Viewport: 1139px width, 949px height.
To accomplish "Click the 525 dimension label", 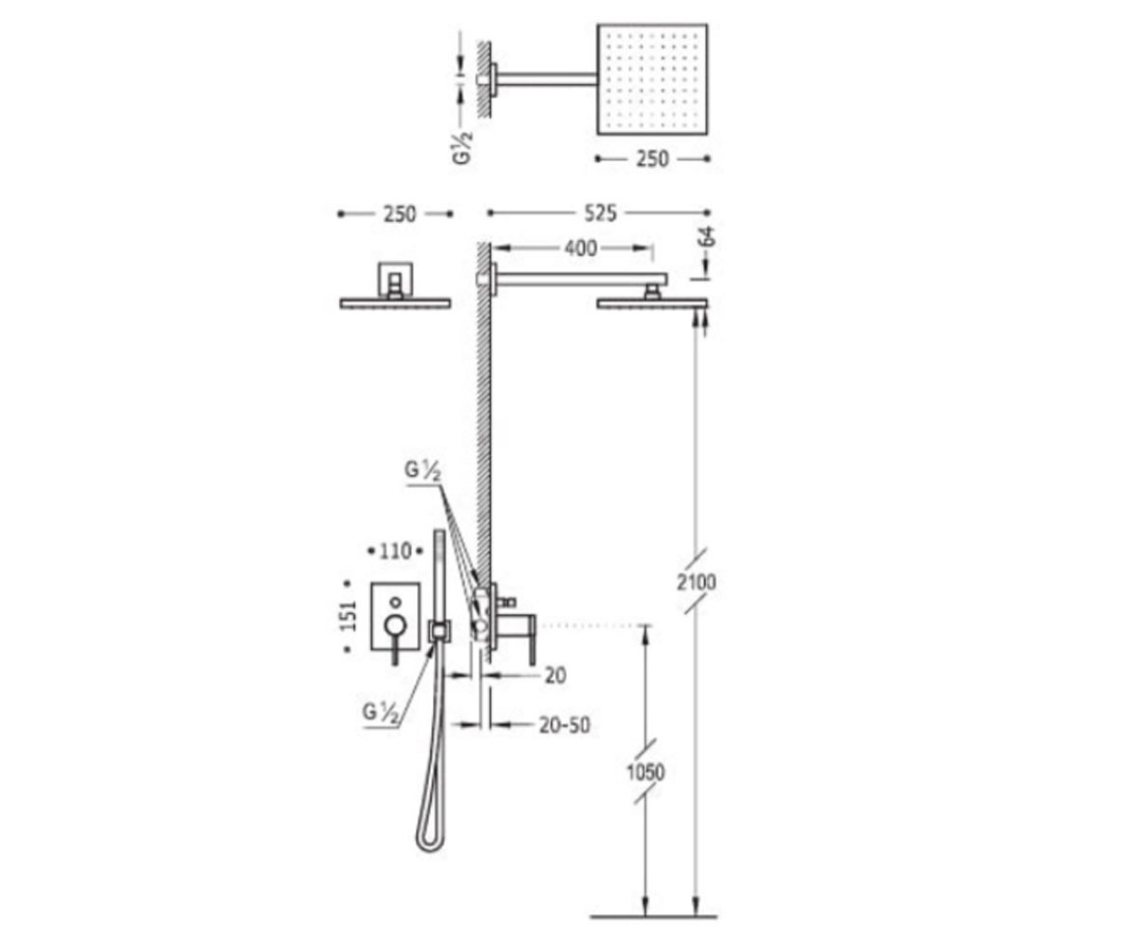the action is pyautogui.click(x=600, y=214).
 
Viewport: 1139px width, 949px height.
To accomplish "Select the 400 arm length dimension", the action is pyautogui.click(x=581, y=249).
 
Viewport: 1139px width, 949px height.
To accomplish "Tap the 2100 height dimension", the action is pyautogui.click(x=696, y=583).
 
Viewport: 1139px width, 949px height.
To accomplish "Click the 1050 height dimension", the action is pyautogui.click(x=645, y=772).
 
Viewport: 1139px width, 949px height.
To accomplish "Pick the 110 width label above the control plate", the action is pyautogui.click(x=396, y=551).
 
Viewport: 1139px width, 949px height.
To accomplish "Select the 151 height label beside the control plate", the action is pyautogui.click(x=348, y=616).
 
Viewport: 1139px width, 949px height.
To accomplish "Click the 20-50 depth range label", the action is pyautogui.click(x=565, y=725).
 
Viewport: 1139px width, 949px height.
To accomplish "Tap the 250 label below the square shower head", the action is pyautogui.click(x=652, y=158).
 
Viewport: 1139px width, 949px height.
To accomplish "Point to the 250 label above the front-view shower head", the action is pyautogui.click(x=400, y=214).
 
